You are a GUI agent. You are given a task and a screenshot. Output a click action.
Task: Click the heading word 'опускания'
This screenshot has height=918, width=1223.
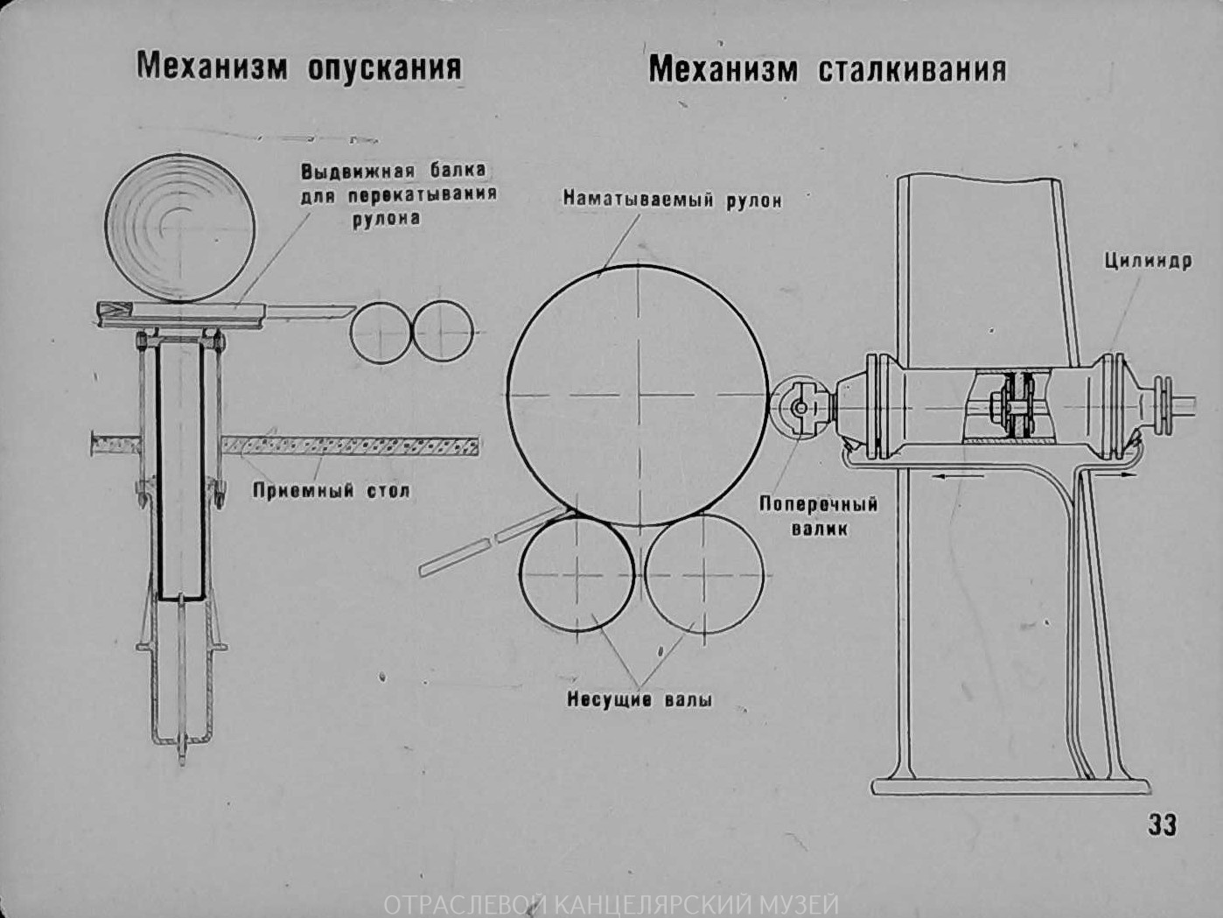tap(384, 67)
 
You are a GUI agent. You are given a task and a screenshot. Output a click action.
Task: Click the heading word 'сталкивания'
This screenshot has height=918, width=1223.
tap(912, 70)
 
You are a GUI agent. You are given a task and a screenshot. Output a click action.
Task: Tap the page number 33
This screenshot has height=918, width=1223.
tap(1162, 824)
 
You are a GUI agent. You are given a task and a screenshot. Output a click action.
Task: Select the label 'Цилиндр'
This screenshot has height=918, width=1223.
tap(1147, 261)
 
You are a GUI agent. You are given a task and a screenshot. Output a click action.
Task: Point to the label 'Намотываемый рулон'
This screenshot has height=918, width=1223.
tap(672, 200)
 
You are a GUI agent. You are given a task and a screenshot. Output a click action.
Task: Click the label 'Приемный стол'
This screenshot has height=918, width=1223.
tap(331, 490)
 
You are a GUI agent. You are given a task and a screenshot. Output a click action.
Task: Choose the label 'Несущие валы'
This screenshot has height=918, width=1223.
tap(639, 699)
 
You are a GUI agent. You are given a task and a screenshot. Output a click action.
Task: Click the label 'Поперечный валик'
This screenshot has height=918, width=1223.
tap(818, 515)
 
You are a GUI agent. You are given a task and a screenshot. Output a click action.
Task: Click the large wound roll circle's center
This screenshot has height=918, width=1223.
tap(639, 396)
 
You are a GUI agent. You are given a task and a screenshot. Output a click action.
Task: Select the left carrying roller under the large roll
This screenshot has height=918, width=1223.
tap(576, 572)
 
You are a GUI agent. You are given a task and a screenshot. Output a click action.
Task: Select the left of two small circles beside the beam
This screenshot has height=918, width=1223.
tap(381, 333)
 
